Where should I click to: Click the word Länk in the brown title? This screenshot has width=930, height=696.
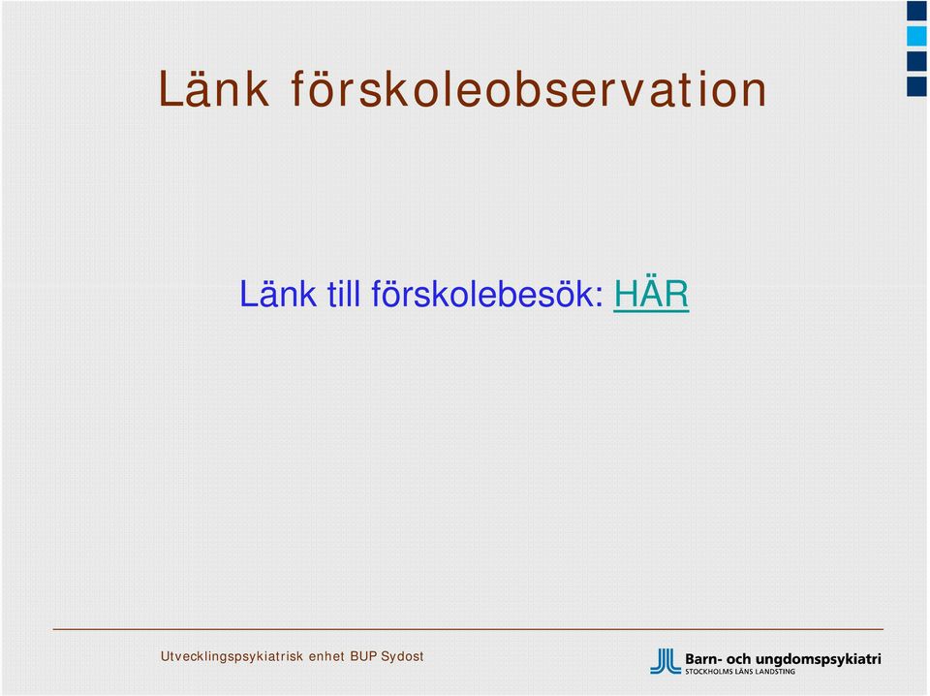[x=213, y=88]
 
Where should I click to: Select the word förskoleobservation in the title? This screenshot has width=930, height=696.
[x=529, y=88]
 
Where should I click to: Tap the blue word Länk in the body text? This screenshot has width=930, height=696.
[x=278, y=293]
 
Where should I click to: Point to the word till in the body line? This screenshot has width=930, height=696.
[x=343, y=293]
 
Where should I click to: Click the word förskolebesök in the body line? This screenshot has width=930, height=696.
[x=487, y=293]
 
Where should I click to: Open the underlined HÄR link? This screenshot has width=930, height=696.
[x=651, y=293]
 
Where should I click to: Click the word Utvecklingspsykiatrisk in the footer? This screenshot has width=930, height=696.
[x=232, y=657]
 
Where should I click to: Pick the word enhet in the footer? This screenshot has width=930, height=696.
[x=326, y=656]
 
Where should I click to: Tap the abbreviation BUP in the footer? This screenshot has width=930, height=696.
[x=363, y=656]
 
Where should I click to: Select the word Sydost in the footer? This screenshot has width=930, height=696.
[x=402, y=657]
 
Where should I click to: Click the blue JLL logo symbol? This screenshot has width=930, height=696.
[x=666, y=661]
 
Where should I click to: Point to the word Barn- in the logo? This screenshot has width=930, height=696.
[x=703, y=659]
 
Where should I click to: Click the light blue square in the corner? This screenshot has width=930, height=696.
[x=916, y=36]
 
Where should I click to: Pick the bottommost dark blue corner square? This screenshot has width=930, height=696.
[x=916, y=86]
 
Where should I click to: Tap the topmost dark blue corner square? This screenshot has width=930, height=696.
[x=916, y=11]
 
